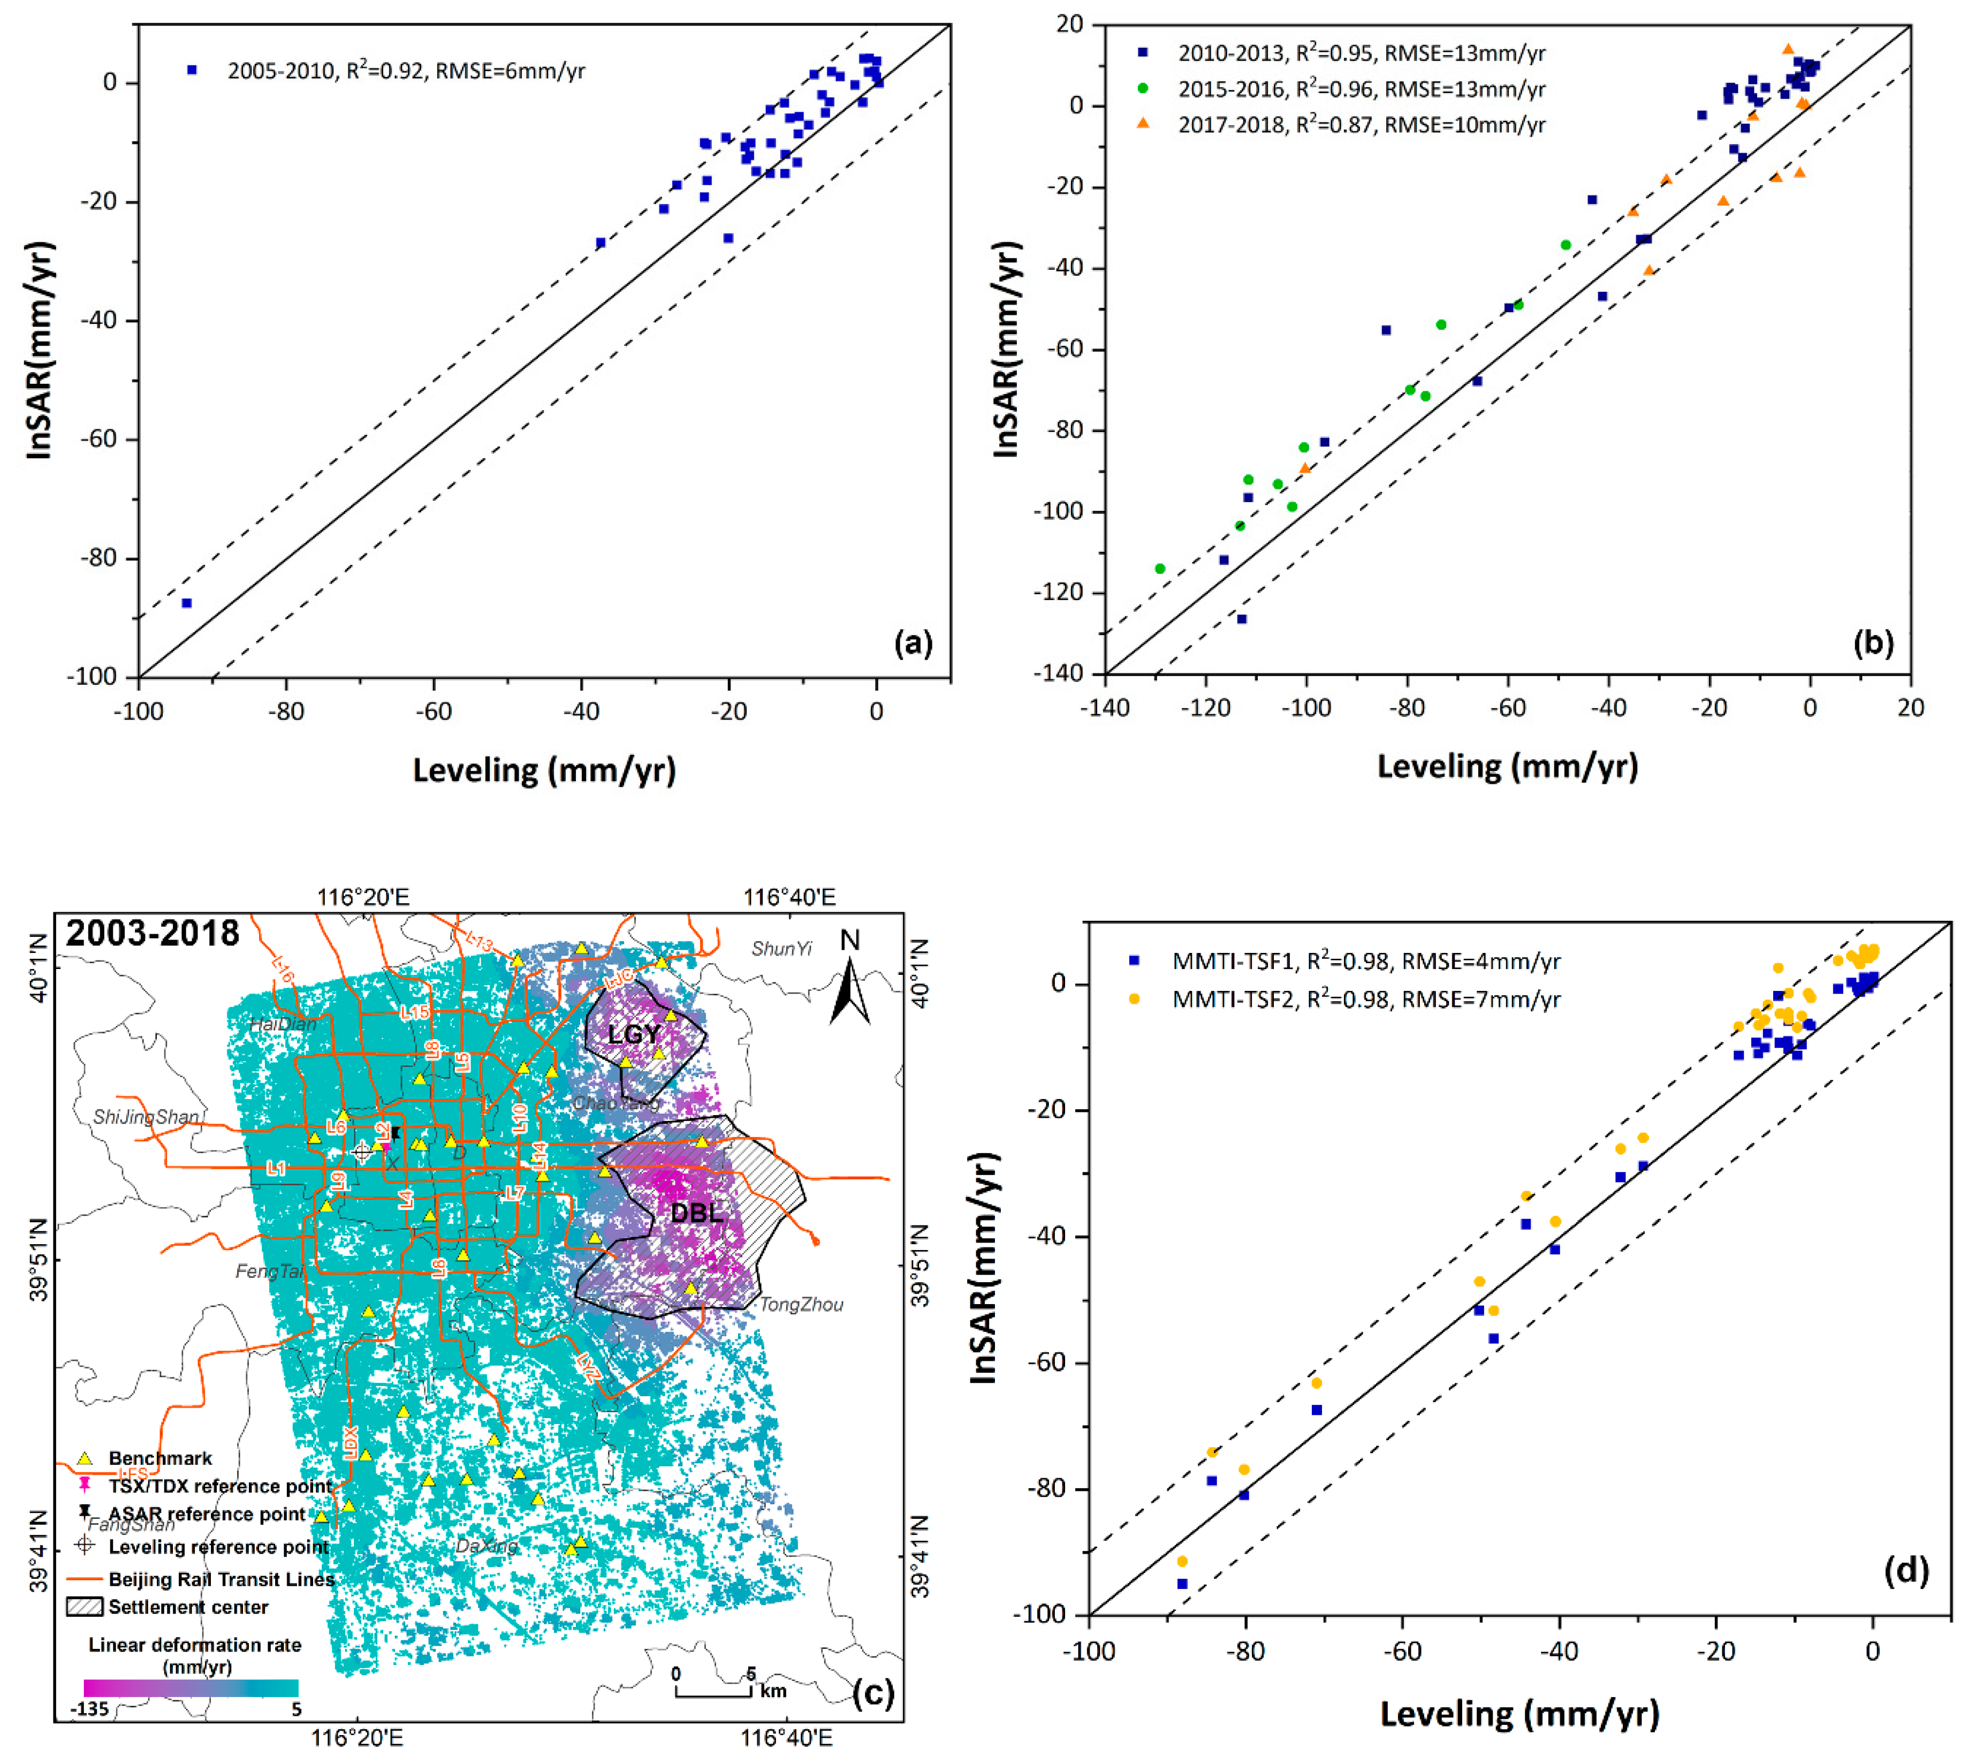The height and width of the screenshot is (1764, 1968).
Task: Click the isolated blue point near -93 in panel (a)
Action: click(187, 603)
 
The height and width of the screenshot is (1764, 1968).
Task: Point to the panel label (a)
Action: click(913, 642)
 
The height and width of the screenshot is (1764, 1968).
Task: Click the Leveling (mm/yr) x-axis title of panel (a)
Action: click(544, 770)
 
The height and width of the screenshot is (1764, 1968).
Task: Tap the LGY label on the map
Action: click(634, 1034)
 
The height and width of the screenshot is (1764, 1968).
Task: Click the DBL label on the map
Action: click(697, 1213)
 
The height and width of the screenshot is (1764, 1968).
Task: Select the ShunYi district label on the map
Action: click(781, 949)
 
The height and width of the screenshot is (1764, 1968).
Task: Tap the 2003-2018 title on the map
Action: click(152, 933)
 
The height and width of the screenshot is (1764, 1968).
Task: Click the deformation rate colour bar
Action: click(191, 1687)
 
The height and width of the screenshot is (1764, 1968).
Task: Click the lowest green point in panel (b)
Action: click(1160, 569)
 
